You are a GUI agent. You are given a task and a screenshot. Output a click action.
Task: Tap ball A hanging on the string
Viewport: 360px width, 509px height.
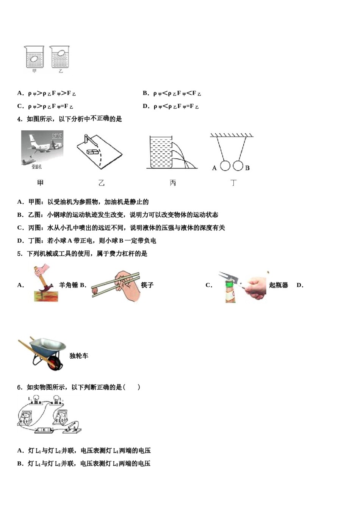pyautogui.click(x=225, y=166)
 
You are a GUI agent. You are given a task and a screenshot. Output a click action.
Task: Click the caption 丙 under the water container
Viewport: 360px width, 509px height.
pyautogui.click(x=173, y=183)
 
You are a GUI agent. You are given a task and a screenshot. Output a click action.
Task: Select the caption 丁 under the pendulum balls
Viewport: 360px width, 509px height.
pyautogui.click(x=233, y=183)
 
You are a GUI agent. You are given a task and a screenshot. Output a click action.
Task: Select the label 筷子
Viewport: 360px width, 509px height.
pyautogui.click(x=147, y=285)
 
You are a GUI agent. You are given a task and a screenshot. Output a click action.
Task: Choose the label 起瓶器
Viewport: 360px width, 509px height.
pyautogui.click(x=279, y=285)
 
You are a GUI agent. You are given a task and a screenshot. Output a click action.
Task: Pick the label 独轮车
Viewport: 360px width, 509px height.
pyautogui.click(x=79, y=356)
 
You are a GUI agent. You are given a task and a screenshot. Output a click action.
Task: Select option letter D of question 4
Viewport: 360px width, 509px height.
pyautogui.click(x=20, y=241)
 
